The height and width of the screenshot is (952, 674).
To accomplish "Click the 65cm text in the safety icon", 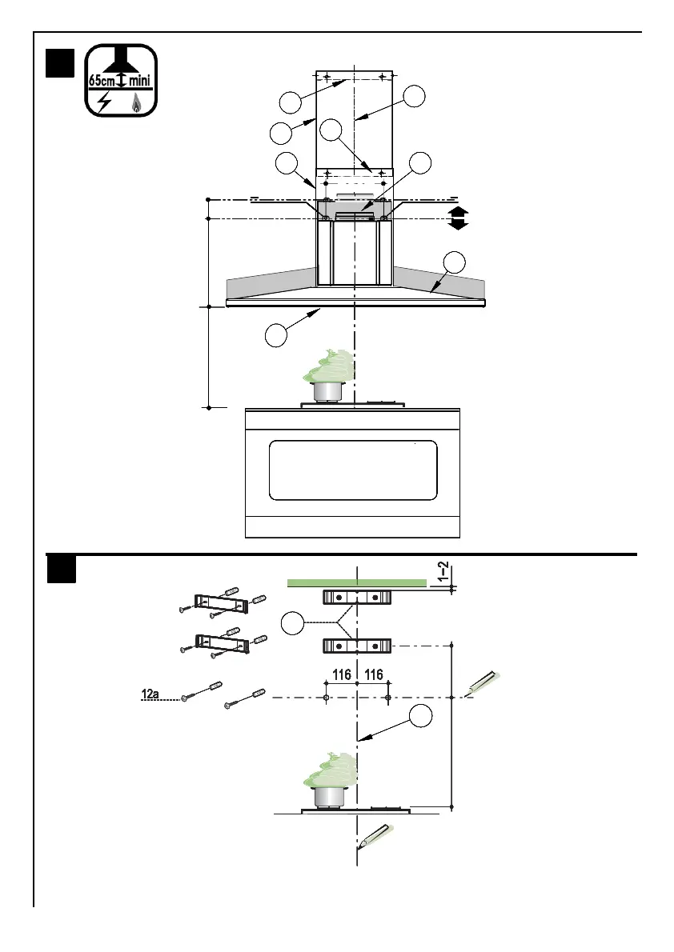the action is (102, 80).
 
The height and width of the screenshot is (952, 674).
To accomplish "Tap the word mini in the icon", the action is (140, 80).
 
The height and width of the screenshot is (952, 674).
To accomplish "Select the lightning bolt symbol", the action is (105, 102).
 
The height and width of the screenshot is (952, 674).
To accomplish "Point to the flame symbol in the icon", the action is (136, 103).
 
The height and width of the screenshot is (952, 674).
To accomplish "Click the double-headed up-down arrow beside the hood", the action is (458, 218).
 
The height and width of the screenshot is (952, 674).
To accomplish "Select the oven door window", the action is (352, 470).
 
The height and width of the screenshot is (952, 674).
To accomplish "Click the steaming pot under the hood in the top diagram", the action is (329, 377).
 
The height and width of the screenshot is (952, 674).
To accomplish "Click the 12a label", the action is (150, 694).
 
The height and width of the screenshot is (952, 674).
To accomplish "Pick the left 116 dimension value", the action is (342, 674).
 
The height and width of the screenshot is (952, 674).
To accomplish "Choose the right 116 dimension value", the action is (373, 674).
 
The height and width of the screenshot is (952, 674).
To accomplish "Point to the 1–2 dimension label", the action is (444, 572).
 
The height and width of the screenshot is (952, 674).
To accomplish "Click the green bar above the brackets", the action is (357, 583).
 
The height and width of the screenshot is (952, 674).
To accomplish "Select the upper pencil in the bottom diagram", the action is (483, 683).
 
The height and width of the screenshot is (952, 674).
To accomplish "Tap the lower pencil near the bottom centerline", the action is (374, 835).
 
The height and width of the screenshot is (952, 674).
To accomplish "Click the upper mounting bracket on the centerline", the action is (357, 598).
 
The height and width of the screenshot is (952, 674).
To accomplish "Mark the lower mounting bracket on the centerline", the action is (357, 646).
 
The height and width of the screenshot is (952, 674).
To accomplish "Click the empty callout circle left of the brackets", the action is (292, 623).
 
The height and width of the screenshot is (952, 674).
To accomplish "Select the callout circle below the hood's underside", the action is (276, 335).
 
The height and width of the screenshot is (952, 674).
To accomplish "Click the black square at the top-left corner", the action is (60, 64).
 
